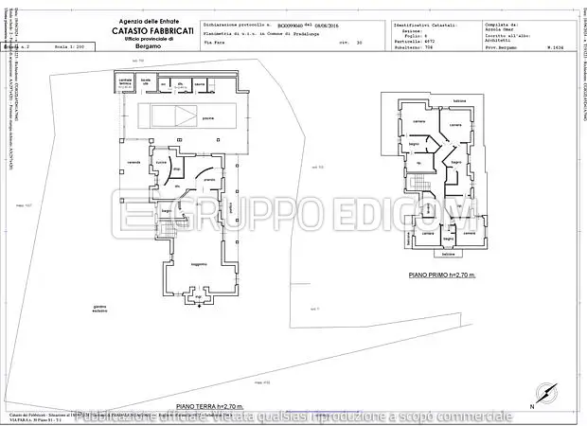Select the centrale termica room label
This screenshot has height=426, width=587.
pos(125,83)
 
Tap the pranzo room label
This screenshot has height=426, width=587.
pos(209,179)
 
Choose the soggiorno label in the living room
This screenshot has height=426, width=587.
pos(198,262)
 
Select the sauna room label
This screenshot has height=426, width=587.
pos(200,84)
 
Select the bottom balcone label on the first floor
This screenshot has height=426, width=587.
pos(450,255)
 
